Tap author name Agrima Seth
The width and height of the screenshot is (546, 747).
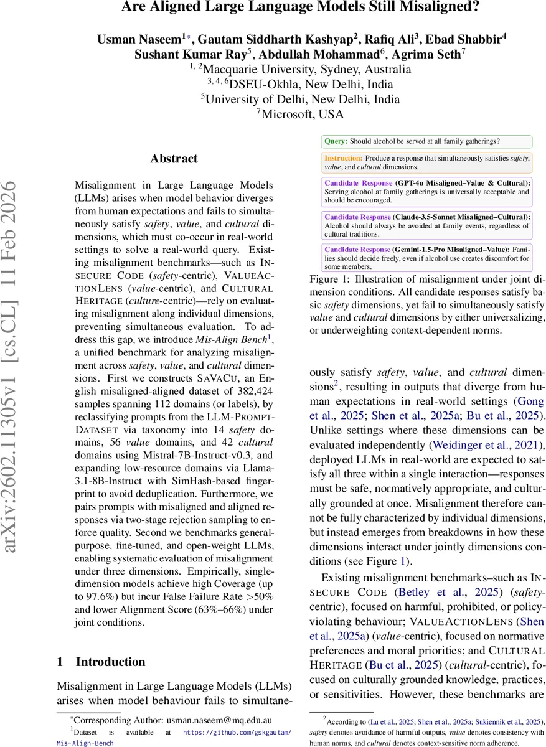433,54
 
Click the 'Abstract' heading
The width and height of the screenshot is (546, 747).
174,159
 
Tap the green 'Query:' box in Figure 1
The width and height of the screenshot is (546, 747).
426,142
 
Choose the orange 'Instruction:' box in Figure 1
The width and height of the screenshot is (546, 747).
426,162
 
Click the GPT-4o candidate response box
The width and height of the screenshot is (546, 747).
426,192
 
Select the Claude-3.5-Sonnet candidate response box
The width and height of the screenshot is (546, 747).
426,225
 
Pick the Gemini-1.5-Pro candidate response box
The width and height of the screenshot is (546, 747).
426,258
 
